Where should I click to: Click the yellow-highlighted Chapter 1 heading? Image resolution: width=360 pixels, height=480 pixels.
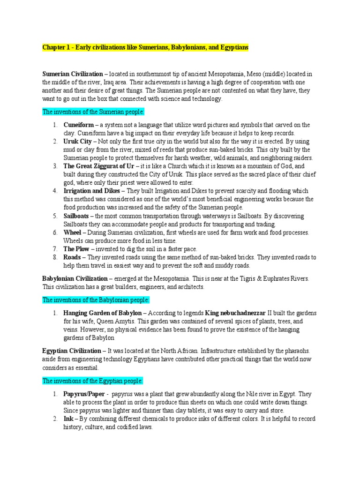point(145,48)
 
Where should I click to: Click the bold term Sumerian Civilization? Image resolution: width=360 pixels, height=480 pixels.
point(72,74)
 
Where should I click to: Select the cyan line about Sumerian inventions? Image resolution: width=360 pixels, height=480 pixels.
point(93,112)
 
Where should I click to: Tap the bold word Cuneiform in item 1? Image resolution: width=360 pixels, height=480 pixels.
point(78,125)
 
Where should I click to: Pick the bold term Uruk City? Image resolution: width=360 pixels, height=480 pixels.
point(78,141)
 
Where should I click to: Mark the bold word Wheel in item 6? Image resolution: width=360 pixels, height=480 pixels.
point(73,232)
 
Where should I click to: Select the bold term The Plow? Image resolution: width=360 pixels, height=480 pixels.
point(76,249)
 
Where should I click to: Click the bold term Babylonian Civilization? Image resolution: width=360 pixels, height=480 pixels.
point(75,278)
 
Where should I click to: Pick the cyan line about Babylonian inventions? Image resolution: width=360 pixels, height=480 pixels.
point(96,300)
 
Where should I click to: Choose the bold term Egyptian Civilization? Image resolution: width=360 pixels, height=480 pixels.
point(71,350)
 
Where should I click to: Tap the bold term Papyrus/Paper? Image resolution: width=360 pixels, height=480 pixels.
point(83,394)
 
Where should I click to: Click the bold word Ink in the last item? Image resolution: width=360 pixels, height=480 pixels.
point(68,419)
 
